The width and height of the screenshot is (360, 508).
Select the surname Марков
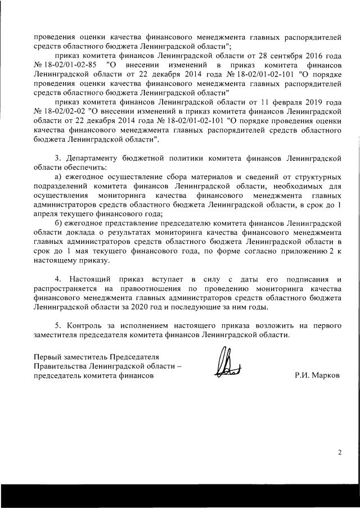click(x=325, y=375)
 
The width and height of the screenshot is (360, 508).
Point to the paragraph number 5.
click(x=57, y=326)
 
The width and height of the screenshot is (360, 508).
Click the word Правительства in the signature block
click(x=61, y=366)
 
